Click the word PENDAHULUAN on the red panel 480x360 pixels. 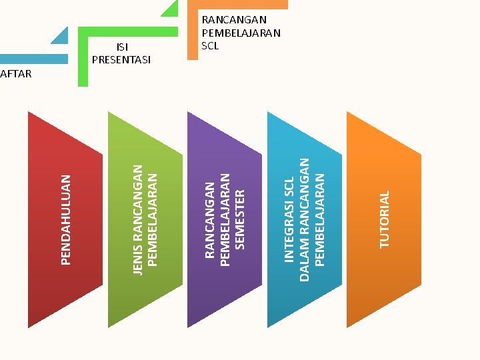[65, 219]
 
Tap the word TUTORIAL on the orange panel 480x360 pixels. [384, 219]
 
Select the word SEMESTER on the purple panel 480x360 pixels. [241, 219]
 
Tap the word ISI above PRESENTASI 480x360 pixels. [122, 47]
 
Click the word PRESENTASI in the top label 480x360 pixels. [121, 60]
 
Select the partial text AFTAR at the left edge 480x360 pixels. [16, 74]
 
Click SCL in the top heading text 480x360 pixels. [210, 46]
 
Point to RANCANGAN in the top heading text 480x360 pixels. [234, 20]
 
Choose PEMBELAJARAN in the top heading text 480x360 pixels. [241, 33]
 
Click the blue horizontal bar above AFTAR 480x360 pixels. [33, 59]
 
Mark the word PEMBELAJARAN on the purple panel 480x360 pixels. [225, 219]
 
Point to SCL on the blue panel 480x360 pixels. [289, 189]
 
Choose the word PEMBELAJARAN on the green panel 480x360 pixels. [152, 219]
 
